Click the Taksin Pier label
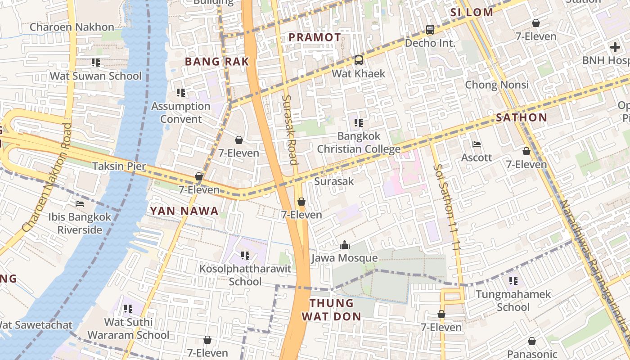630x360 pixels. [x=119, y=166]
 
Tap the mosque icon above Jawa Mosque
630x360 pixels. [x=345, y=245]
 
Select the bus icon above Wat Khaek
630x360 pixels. [x=358, y=60]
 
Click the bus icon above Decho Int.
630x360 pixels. [x=430, y=30]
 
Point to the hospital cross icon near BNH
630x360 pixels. [x=615, y=47]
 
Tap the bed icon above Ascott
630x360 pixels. [x=477, y=144]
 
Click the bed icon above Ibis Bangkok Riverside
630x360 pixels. [x=80, y=204]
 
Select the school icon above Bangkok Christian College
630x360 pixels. [x=359, y=122]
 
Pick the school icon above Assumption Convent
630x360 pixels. [x=181, y=93]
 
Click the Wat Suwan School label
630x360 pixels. [x=95, y=76]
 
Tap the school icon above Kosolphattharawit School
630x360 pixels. [x=245, y=256]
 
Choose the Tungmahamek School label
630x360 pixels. [x=513, y=301]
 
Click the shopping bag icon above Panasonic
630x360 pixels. [x=532, y=341]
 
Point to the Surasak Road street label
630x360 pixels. [x=290, y=130]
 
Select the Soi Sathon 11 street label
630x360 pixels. [x=447, y=207]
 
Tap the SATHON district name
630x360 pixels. [x=521, y=118]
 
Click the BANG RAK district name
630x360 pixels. [x=217, y=62]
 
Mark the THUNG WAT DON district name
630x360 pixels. [x=331, y=310]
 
